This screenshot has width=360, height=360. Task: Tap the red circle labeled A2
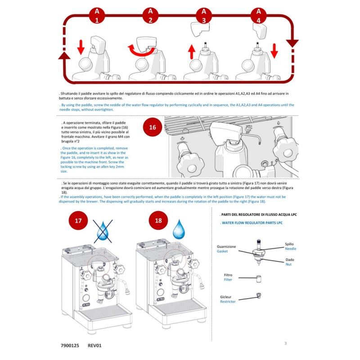tap(150, 15)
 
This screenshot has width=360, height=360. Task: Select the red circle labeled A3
tap(204, 15)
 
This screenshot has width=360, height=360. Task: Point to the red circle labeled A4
tap(258, 15)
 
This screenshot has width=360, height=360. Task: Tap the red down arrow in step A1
tap(81, 46)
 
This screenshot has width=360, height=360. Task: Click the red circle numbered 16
tap(153, 127)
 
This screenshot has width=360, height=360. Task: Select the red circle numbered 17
tap(78, 221)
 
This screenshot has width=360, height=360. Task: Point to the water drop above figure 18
tap(181, 229)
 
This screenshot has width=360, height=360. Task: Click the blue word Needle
tap(290, 248)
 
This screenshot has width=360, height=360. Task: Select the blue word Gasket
tap(222, 252)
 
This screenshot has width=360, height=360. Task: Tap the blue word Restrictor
tap(228, 302)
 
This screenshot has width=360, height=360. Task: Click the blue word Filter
tap(228, 279)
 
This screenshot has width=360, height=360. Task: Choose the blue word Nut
tap(288, 265)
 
